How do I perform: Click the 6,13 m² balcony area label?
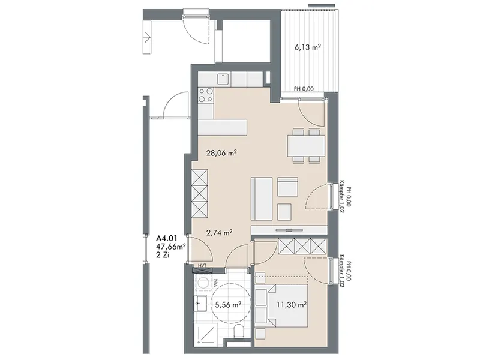[x=308, y=47]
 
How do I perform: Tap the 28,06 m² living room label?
[x=221, y=153]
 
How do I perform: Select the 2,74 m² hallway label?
[x=219, y=233]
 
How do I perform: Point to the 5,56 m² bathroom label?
[x=228, y=305]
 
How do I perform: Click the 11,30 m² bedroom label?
[x=292, y=305]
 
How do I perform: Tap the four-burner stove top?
[x=206, y=95]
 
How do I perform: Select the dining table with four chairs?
[x=306, y=145]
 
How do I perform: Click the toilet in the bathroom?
[x=238, y=332]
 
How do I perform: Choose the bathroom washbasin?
[x=201, y=303]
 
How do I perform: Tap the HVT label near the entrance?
[x=202, y=265]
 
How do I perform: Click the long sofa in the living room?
[x=262, y=199]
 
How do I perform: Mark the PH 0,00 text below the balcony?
[x=304, y=89]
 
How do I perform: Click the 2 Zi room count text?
[x=163, y=255]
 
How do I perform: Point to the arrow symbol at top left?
[x=147, y=37]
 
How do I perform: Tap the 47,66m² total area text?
[x=171, y=246]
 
